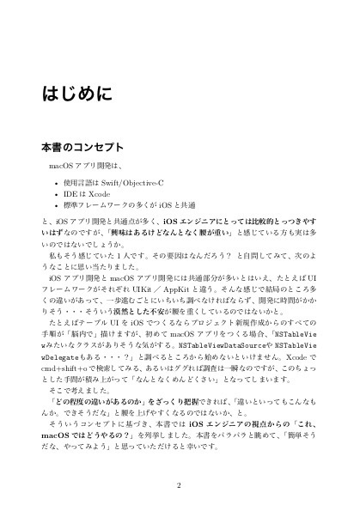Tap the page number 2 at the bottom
180,483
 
